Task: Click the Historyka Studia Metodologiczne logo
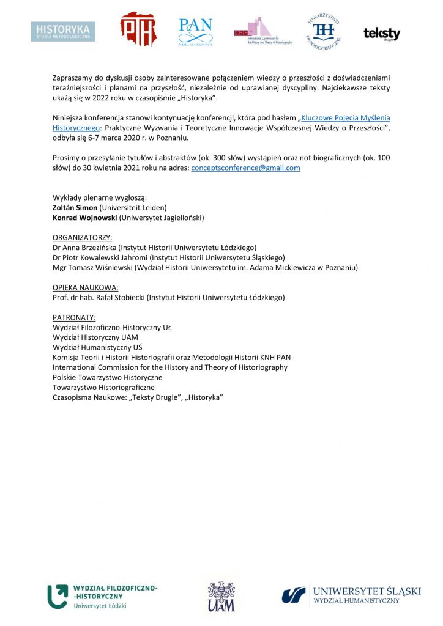pos(64,31)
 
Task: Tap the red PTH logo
pos(137,29)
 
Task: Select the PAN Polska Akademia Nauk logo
pos(195,31)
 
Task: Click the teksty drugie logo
pos(381,34)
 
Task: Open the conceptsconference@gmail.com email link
pos(245,168)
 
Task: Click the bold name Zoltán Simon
pos(75,208)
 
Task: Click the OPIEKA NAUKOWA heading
pos(85,287)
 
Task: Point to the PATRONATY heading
pos(74,317)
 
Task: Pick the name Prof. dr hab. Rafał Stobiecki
pos(99,297)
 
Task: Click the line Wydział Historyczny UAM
pos(95,337)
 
